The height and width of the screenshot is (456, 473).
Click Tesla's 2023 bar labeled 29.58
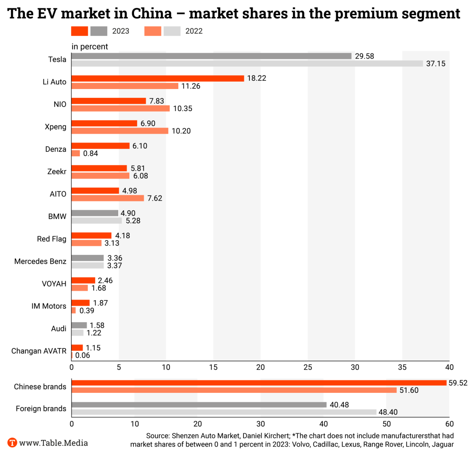point(211,56)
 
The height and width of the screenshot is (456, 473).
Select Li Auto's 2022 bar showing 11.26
point(125,86)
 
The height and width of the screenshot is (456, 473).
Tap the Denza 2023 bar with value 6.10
point(100,146)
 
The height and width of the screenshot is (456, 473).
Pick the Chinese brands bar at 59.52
point(259,383)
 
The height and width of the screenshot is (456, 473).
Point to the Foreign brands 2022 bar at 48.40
point(224,412)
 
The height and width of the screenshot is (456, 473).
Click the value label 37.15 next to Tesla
point(436,64)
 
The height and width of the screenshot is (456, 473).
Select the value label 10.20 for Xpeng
point(182,131)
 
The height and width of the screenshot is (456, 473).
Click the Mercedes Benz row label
point(40,261)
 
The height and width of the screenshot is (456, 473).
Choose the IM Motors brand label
point(45,306)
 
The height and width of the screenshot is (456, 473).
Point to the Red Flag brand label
point(52,239)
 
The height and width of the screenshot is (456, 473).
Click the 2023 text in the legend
point(121,31)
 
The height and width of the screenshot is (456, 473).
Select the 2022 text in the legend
point(194,31)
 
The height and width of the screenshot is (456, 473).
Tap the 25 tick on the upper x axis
point(308,367)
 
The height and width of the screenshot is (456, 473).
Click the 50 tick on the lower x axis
point(387,424)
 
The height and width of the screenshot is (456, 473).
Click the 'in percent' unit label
point(90,47)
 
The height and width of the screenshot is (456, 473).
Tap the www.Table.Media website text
point(54,443)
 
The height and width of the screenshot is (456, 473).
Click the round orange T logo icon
point(12,443)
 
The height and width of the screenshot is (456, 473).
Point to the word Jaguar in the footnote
point(441,444)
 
